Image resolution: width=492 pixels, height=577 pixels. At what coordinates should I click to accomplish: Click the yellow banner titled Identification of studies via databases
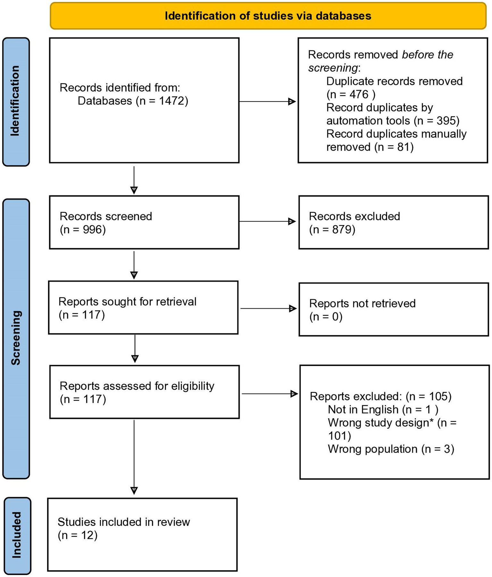point(268,16)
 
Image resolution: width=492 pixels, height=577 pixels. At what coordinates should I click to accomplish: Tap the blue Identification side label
point(16,101)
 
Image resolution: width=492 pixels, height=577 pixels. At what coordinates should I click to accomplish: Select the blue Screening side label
point(16,338)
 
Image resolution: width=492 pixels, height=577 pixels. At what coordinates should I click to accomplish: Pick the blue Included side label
point(16,535)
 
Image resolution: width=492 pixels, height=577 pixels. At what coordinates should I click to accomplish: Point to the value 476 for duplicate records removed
point(359,95)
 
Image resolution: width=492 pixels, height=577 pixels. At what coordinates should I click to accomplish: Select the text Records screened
point(106,216)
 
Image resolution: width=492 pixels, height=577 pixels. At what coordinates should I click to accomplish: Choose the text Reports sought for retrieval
point(127,302)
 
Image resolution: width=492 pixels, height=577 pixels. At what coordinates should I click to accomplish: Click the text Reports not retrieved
point(362,304)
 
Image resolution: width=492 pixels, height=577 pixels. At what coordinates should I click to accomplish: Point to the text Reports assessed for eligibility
point(137,386)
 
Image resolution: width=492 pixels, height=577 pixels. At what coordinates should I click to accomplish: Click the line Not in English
point(382,410)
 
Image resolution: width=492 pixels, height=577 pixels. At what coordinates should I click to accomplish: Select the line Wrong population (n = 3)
point(391,449)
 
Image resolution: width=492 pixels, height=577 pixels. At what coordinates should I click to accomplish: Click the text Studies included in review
point(124,522)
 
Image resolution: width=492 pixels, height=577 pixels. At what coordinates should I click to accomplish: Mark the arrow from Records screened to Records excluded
point(267,222)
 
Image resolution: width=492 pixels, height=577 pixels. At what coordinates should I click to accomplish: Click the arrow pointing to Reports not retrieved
point(268,308)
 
